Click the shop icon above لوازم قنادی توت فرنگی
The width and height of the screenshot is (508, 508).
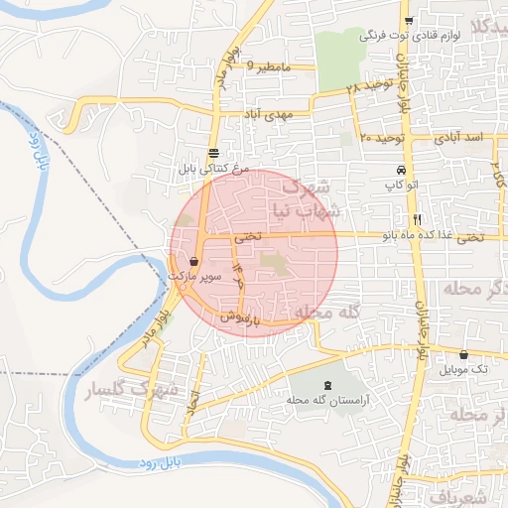pyautogui.click(x=408, y=20)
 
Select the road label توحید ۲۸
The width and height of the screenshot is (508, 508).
pyautogui.click(x=369, y=88)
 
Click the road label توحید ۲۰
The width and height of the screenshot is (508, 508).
pyautogui.click(x=381, y=136)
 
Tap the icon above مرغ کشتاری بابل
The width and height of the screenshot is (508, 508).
pyautogui.click(x=214, y=153)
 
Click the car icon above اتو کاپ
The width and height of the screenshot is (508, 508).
pyautogui.click(x=401, y=170)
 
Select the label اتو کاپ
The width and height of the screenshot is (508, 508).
pyautogui.click(x=401, y=185)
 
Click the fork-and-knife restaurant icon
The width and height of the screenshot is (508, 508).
pyautogui.click(x=418, y=218)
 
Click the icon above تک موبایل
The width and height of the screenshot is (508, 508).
pyautogui.click(x=463, y=354)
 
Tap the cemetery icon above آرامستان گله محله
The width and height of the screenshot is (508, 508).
pyautogui.click(x=328, y=385)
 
